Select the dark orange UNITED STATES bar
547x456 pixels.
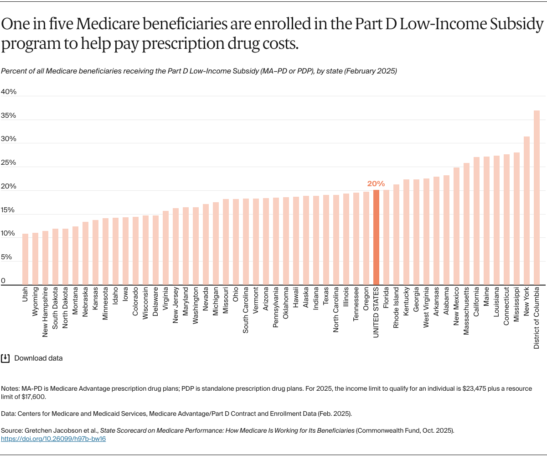pos(376,237)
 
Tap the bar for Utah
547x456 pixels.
pos(25,259)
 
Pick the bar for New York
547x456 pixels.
pos(526,210)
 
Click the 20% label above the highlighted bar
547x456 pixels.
pos(376,183)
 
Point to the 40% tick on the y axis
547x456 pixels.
pos(8,92)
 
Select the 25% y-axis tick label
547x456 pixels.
pos(8,162)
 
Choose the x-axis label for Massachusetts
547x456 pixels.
pos(466,310)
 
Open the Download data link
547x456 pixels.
pos(38,358)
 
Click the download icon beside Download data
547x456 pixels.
pos(5,358)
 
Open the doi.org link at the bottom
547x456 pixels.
pos(54,439)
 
